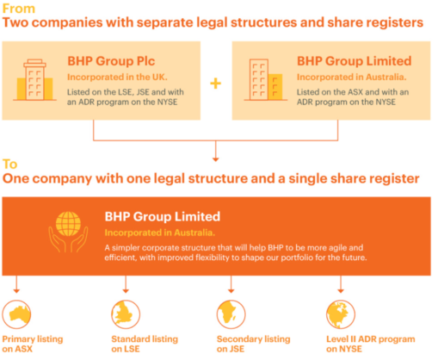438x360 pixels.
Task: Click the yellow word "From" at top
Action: pos(19,9)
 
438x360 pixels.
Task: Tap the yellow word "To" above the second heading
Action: pos(9,164)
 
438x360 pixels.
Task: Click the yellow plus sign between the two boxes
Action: pos(216,84)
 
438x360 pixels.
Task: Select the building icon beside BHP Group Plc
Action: pos(34,80)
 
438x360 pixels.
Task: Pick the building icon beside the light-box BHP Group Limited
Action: pos(266,80)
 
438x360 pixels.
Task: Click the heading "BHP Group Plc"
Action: pos(111,61)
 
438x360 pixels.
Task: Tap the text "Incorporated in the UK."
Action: pos(117,77)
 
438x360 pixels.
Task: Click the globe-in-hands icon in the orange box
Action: pos(68,232)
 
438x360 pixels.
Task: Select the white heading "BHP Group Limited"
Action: pos(163,216)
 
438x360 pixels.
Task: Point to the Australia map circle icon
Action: pos(16,314)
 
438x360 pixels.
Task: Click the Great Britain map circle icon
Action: pos(126,314)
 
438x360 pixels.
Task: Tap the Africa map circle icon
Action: pos(231,314)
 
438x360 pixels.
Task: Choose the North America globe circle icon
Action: pos(341,314)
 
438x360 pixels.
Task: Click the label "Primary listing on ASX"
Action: pos(33,344)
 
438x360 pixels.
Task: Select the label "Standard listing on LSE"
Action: pos(145,344)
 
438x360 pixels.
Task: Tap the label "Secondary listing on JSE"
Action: pos(253,344)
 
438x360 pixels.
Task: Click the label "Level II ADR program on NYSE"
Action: pos(371,344)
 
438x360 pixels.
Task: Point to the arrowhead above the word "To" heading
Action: pos(216,159)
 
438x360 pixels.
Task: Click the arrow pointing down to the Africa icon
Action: pos(231,284)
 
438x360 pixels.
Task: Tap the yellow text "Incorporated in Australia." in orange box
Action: pos(160,233)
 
